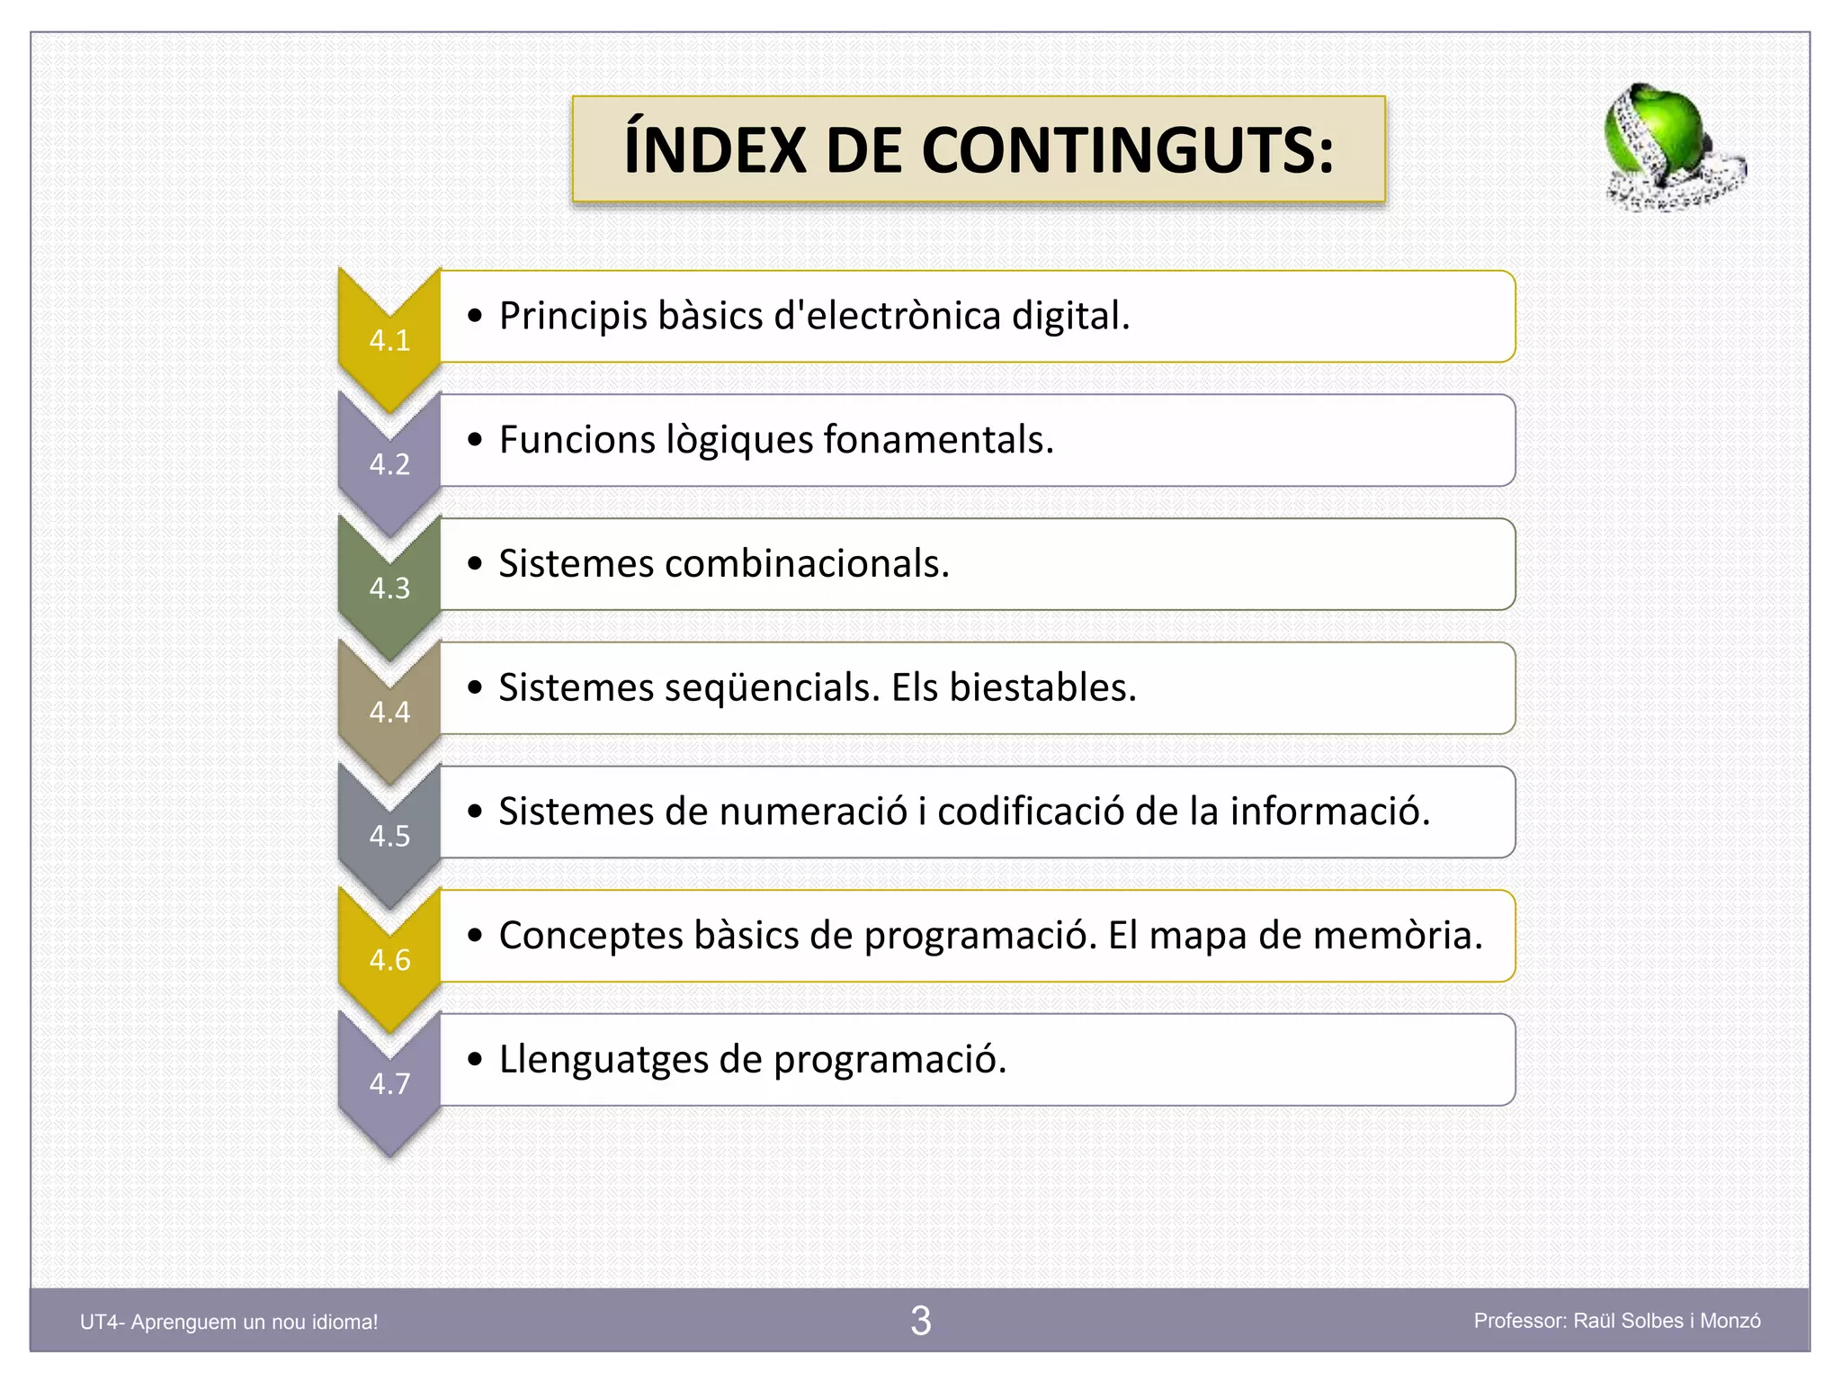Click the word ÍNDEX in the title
[x=715, y=150]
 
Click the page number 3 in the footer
[x=920, y=1321]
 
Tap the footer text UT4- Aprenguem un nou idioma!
[x=229, y=1322]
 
